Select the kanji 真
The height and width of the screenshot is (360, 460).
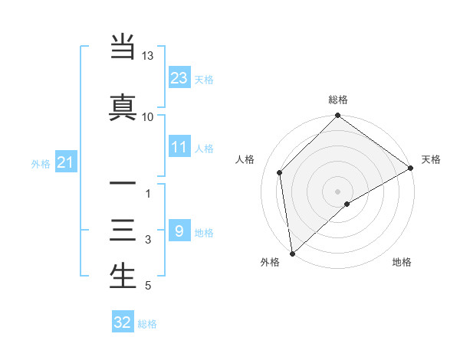click(x=123, y=106)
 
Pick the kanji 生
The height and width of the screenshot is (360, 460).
click(x=123, y=276)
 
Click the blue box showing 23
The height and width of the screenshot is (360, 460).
click(x=179, y=77)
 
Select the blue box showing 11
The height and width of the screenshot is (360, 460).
click(x=179, y=147)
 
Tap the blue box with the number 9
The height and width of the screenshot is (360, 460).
click(x=179, y=231)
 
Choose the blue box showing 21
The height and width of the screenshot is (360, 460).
click(x=65, y=162)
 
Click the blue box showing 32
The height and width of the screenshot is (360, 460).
click(x=123, y=322)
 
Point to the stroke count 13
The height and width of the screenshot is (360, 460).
click(x=148, y=57)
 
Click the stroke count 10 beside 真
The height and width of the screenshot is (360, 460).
click(x=148, y=116)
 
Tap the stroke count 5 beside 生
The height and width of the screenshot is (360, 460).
click(x=148, y=286)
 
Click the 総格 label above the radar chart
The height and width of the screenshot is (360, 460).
click(x=338, y=100)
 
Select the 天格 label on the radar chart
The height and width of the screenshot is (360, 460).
click(x=431, y=159)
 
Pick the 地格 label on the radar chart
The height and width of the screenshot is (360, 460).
click(x=402, y=262)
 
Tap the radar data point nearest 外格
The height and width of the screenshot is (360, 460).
click(x=292, y=253)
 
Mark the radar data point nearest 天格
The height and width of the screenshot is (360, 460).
click(x=411, y=169)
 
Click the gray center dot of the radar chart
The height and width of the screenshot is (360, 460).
click(x=338, y=191)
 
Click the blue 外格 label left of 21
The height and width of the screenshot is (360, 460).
click(x=41, y=163)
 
